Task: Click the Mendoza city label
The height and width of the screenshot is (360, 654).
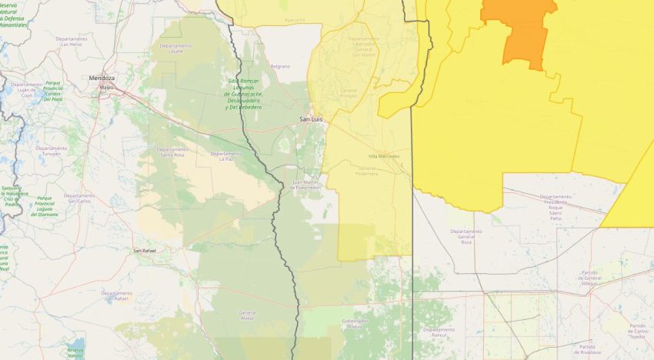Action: tap(102, 78)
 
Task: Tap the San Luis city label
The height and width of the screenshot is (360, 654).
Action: tap(311, 120)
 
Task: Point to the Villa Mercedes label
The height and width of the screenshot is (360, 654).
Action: tap(384, 156)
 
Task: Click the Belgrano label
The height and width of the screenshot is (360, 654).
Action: tap(280, 66)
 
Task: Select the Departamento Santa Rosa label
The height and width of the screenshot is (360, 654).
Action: tap(172, 152)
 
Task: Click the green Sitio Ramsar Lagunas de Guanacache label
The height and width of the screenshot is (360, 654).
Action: tap(245, 94)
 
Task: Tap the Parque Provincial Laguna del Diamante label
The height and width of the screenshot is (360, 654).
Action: tap(49, 206)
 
